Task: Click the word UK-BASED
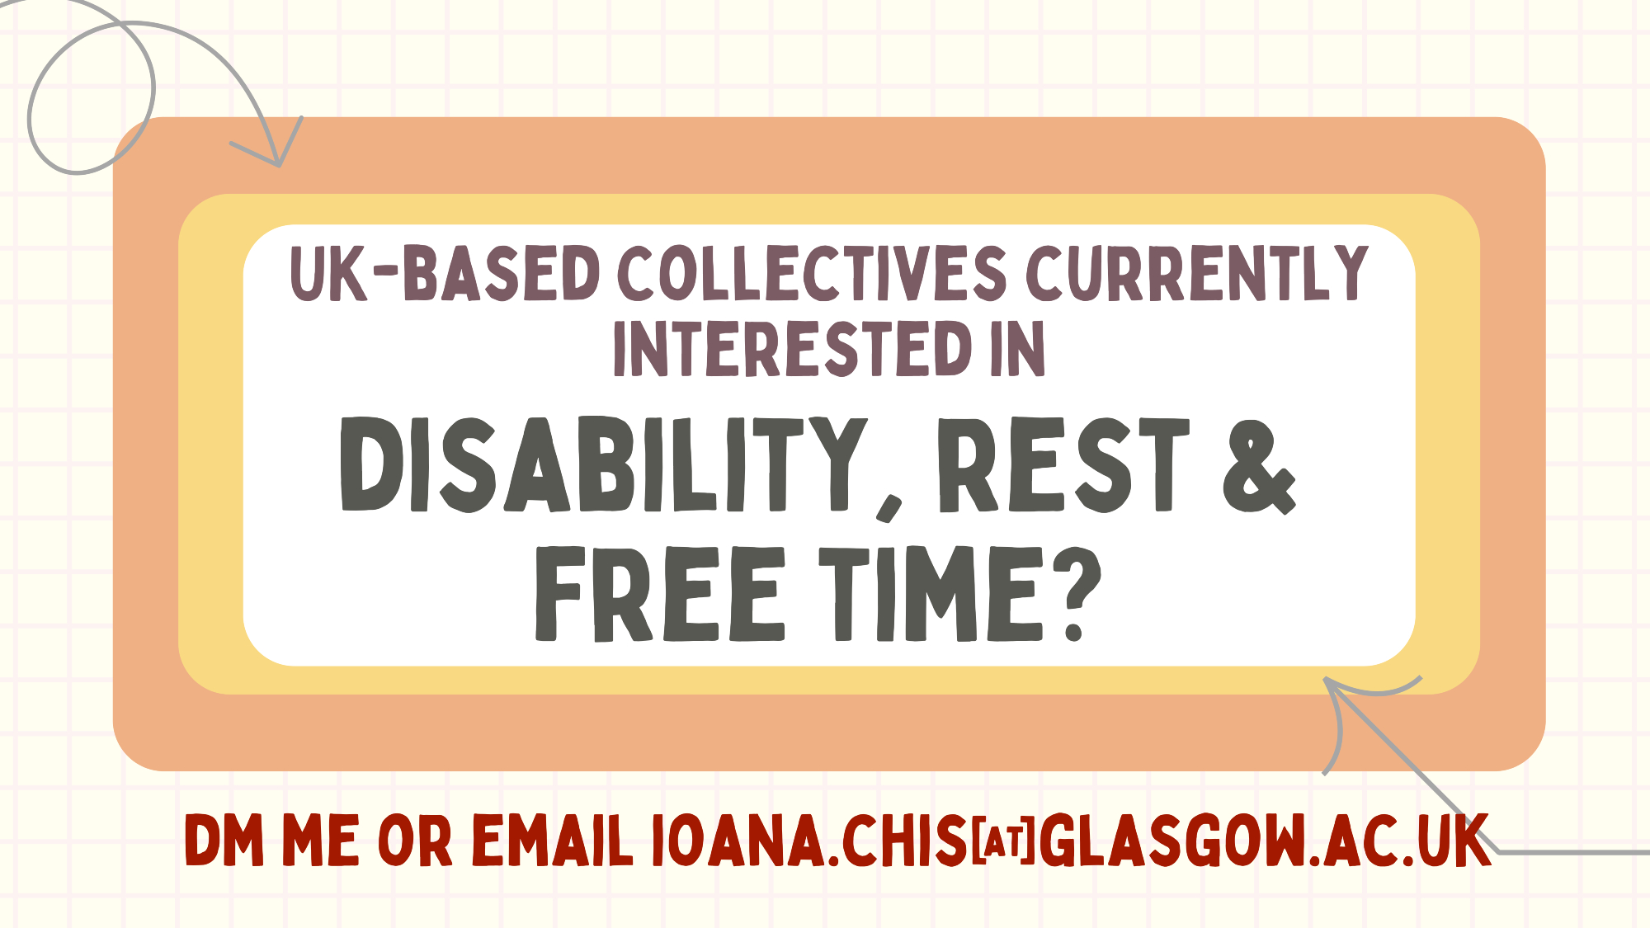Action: (445, 273)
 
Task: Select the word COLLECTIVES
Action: (813, 273)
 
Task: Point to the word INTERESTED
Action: (793, 348)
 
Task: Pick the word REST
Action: (1063, 464)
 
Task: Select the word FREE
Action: (659, 594)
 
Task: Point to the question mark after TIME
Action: (1077, 595)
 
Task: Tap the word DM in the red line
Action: (224, 841)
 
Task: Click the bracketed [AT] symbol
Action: (1003, 841)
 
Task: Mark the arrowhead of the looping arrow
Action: (276, 148)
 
